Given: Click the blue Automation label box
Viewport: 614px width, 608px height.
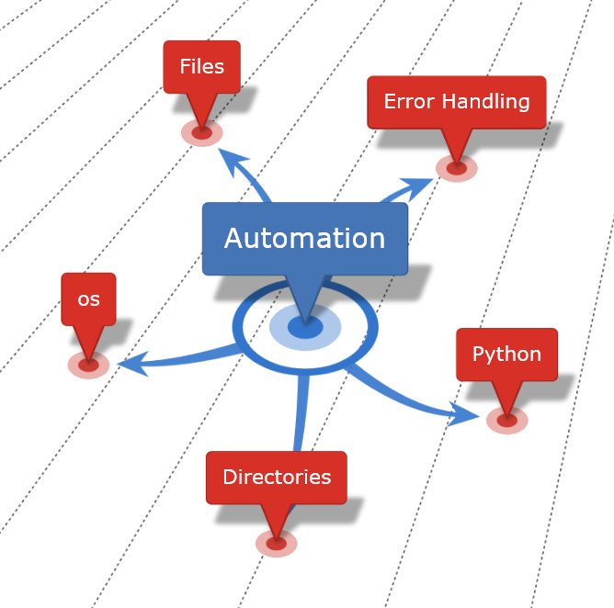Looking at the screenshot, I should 304,239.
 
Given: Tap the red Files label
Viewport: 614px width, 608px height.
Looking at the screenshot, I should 201,67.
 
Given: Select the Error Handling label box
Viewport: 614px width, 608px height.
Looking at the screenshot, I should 456,101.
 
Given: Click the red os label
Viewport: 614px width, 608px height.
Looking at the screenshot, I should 88,298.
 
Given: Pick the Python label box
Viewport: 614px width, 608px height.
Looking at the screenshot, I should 506,355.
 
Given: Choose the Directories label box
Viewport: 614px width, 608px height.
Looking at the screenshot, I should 277,478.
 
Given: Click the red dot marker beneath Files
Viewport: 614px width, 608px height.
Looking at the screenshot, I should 202,133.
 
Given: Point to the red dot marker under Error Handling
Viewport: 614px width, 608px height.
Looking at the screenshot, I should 457,168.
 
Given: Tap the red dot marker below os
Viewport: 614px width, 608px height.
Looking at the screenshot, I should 88,366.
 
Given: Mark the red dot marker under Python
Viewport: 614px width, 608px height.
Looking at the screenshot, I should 506,421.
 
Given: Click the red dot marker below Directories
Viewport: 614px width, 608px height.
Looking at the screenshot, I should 277,544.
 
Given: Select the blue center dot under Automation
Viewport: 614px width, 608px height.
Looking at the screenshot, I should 305,327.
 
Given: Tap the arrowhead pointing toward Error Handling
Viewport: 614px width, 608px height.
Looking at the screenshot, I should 418,186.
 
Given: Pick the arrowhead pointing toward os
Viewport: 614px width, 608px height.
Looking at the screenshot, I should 133,365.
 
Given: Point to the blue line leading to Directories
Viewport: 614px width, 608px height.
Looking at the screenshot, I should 299,413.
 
